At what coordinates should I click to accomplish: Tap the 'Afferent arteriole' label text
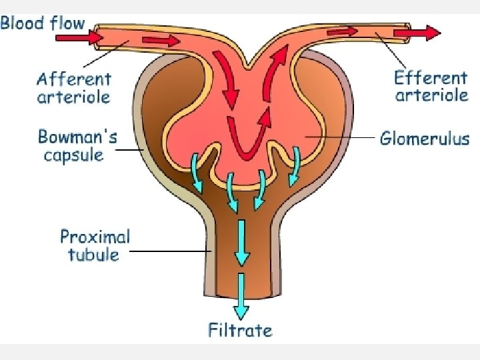(73, 88)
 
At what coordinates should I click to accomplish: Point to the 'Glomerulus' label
(425, 139)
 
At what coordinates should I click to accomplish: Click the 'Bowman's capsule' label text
(77, 146)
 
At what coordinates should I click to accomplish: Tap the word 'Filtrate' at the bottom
(241, 329)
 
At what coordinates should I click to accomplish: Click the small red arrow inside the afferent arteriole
(161, 42)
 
